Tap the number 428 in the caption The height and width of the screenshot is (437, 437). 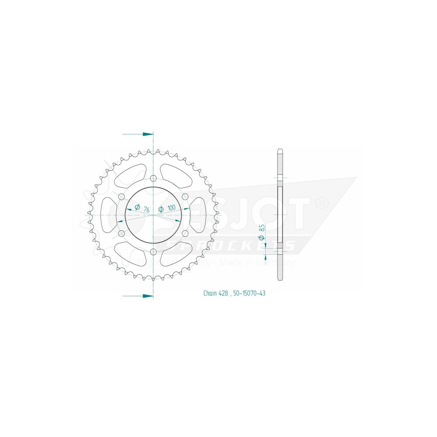(223, 293)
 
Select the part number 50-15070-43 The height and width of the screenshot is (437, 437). (249, 293)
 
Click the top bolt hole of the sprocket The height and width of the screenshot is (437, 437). (153, 178)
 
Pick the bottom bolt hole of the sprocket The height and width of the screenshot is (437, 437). (153, 252)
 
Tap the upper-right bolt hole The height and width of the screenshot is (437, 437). (185, 196)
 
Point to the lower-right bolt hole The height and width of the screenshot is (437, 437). (185, 234)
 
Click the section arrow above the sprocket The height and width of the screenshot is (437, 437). (138, 134)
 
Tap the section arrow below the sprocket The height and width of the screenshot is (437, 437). (138, 296)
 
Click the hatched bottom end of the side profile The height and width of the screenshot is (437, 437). (280, 265)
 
